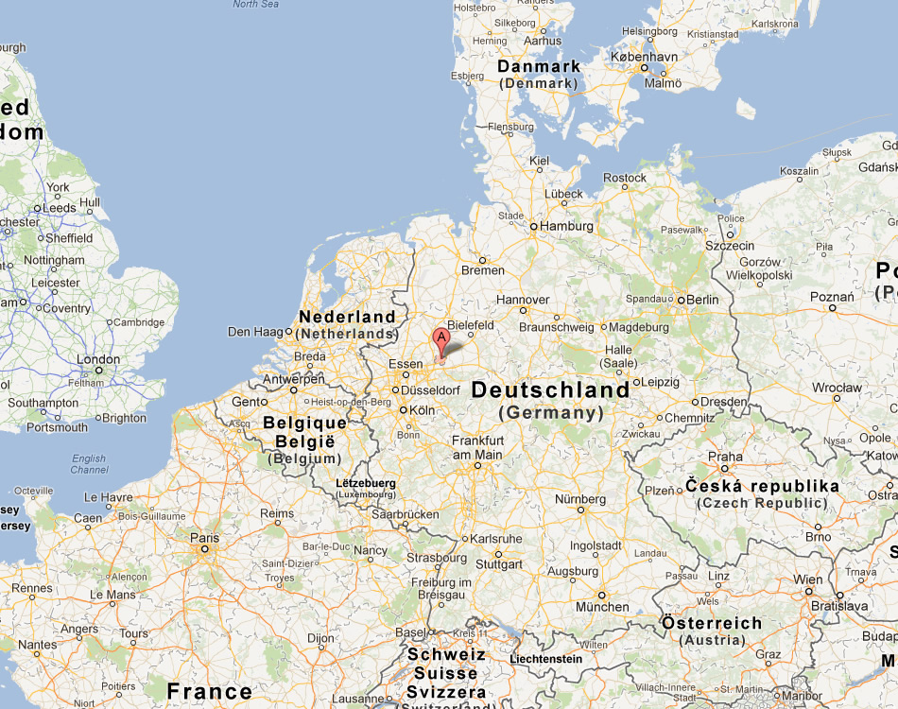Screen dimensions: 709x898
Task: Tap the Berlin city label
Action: (701, 300)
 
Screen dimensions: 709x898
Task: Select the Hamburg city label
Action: (568, 227)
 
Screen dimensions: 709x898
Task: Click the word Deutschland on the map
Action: (550, 389)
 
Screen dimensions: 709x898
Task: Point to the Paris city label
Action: (204, 538)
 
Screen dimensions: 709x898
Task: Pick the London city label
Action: (97, 359)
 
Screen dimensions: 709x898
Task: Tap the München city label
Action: (602, 607)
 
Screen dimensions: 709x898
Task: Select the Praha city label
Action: (725, 457)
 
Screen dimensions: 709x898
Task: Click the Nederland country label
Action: (347, 317)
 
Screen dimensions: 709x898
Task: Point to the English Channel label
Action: (89, 464)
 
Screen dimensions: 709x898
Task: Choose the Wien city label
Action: (807, 579)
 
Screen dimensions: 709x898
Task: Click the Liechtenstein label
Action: (545, 659)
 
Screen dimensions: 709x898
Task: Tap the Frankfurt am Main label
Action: (476, 447)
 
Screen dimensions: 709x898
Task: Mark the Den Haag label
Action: (255, 332)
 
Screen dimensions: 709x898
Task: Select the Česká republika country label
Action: (762, 486)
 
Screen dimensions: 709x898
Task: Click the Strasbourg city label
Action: (437, 558)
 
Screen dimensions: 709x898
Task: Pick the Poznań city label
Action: (832, 296)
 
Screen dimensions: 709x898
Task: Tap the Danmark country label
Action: (539, 66)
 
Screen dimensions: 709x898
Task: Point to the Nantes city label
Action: (38, 645)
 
